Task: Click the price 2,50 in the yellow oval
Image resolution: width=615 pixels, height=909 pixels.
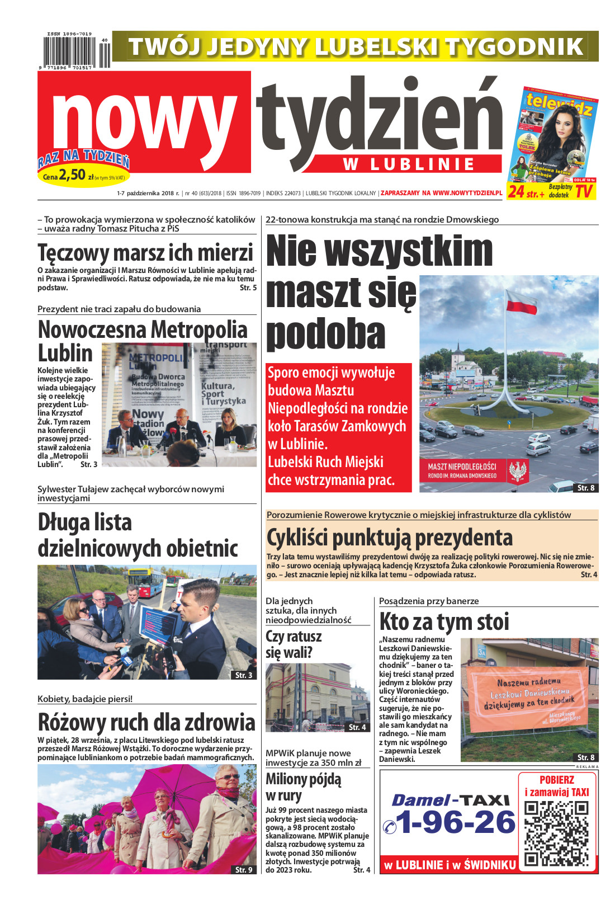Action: click(x=72, y=175)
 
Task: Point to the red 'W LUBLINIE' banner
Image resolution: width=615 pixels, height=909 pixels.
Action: click(x=409, y=164)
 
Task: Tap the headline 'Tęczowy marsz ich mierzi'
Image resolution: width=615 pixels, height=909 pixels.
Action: click(x=145, y=253)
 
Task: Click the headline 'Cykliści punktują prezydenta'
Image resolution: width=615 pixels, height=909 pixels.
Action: click(x=390, y=538)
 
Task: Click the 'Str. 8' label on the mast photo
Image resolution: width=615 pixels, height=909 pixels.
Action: click(x=586, y=488)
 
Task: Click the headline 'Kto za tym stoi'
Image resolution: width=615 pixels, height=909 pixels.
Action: click(x=444, y=621)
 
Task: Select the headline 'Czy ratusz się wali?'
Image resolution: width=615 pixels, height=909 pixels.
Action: click(x=294, y=644)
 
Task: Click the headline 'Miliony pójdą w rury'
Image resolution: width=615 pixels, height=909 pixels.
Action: click(x=303, y=787)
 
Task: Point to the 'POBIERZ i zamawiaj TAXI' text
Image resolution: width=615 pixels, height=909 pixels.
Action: click(x=556, y=785)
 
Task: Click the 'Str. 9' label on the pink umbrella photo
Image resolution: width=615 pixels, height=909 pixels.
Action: click(x=244, y=870)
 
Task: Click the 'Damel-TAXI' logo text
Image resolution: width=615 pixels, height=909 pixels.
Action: click(x=451, y=800)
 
